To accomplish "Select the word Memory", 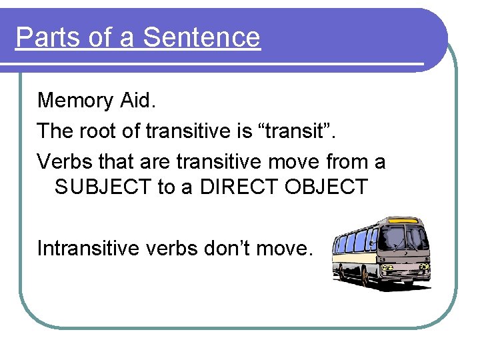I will pyautogui.click(x=75, y=101).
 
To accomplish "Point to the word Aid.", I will pyautogui.click(x=138, y=100).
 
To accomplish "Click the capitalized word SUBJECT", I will pyautogui.click(x=103, y=187).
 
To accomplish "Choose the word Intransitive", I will pyautogui.click(x=94, y=248).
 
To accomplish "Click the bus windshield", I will pyautogui.click(x=407, y=238).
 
